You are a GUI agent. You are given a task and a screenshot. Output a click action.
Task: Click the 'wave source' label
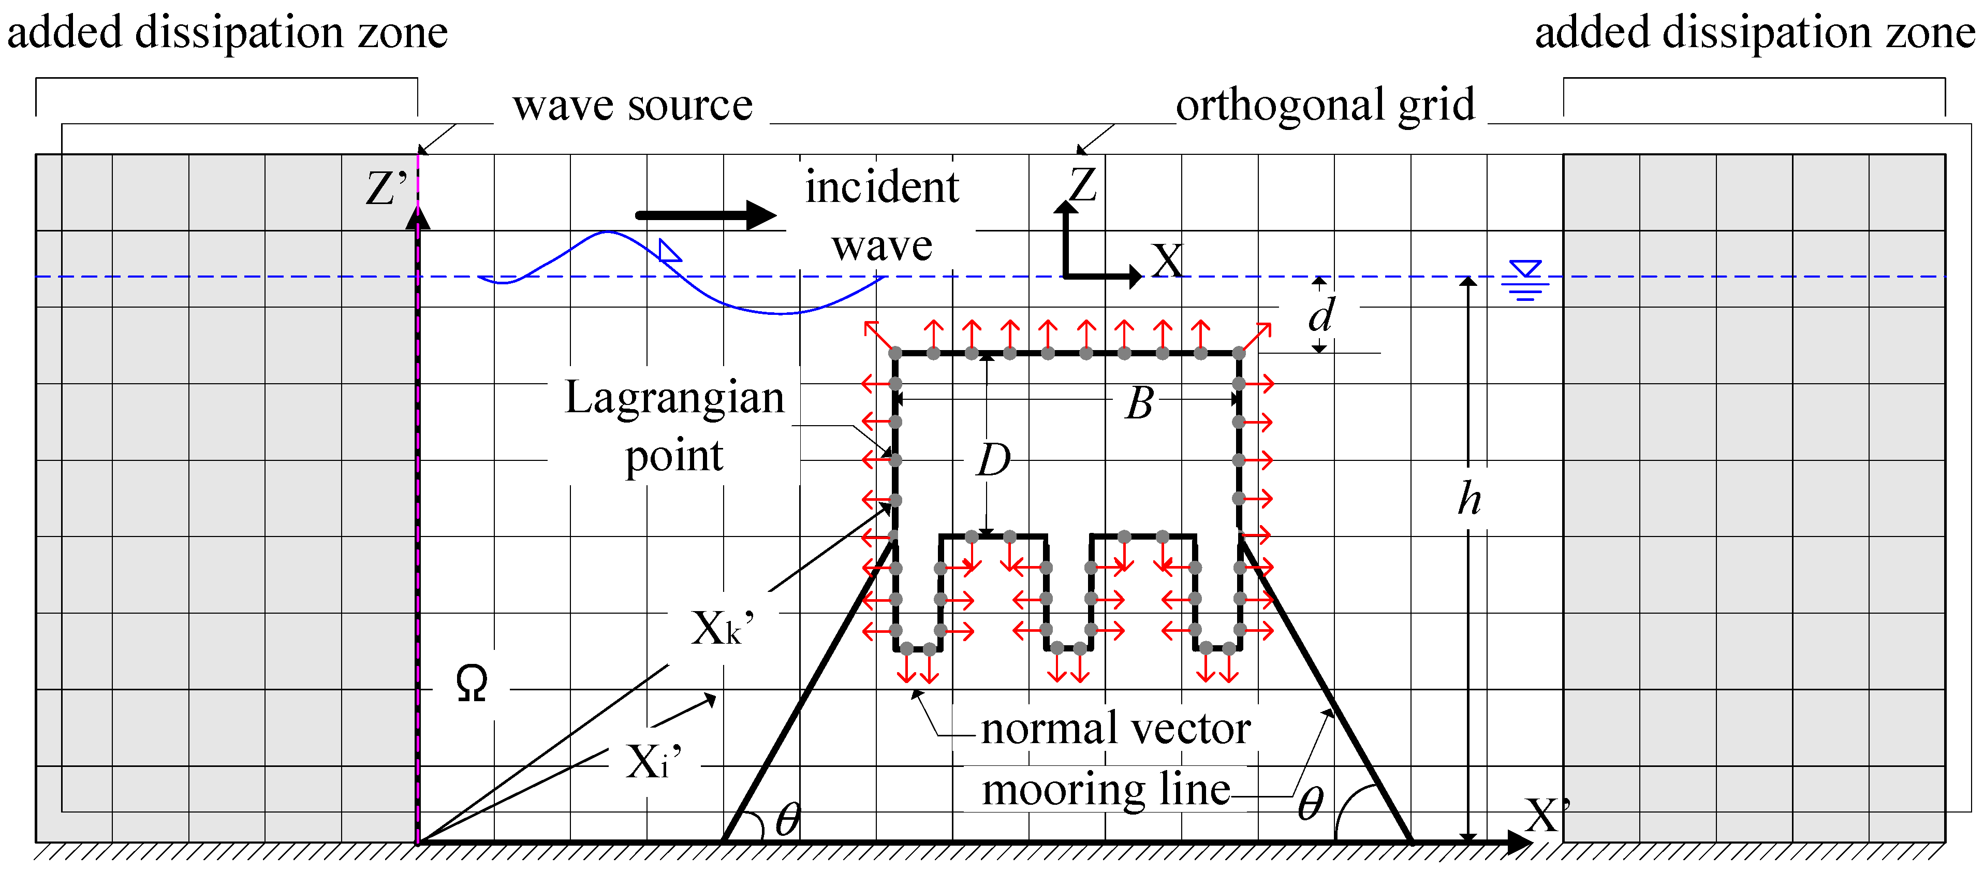633,106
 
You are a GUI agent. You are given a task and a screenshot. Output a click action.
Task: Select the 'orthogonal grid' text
1325,106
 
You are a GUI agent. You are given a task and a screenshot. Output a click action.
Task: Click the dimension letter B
1140,403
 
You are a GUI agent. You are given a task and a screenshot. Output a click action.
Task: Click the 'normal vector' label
1115,728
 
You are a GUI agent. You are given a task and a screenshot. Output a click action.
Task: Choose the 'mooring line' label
1106,790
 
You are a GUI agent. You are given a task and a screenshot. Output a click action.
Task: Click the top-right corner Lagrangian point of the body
1239,354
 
